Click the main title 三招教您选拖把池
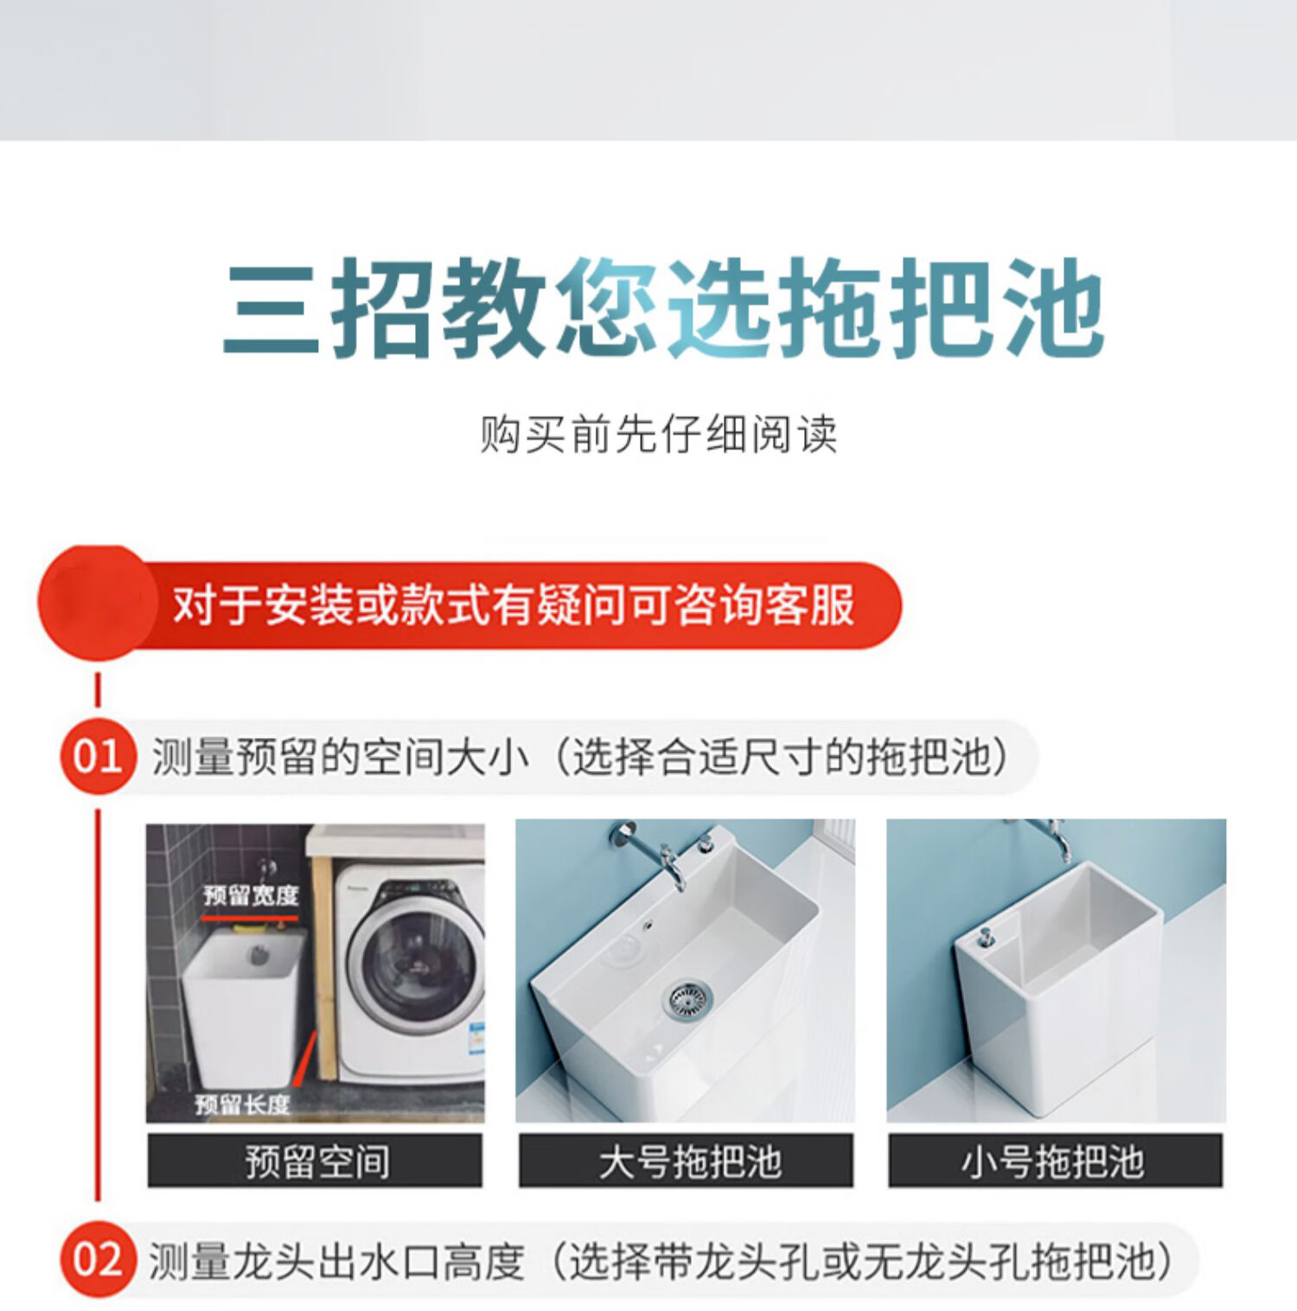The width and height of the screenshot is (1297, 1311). (663, 308)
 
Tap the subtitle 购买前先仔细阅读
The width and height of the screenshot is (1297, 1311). (659, 434)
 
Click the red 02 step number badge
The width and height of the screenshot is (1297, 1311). (98, 1260)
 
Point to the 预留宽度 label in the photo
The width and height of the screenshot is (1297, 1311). (251, 895)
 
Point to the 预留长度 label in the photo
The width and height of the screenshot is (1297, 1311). (242, 1104)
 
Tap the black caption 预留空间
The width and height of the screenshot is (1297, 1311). (316, 1161)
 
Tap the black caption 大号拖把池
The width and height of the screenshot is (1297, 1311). (687, 1161)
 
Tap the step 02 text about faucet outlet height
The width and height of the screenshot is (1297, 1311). (661, 1261)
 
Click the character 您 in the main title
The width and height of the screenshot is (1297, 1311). (609, 308)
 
